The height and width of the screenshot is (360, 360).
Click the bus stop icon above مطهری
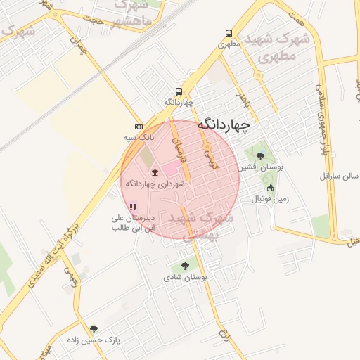pos(229,33)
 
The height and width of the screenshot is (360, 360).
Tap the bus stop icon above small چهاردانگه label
pos(179,91)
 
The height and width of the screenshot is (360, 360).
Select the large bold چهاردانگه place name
pos(224,124)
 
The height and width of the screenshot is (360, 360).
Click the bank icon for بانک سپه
pos(139,126)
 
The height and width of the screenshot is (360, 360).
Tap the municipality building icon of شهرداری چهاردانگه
pos(155,172)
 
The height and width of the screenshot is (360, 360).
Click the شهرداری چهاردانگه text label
pos(155,184)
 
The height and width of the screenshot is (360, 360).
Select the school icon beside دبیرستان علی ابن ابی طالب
pos(132,207)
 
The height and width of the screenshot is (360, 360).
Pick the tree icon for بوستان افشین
pos(261,156)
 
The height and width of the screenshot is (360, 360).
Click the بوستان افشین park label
pos(252,167)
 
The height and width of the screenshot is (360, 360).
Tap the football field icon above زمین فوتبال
pos(270,188)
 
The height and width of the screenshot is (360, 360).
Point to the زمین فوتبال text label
pos(270,199)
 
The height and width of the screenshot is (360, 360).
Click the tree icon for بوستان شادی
pos(185,266)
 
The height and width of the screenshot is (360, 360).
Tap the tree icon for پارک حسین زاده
pos(94,328)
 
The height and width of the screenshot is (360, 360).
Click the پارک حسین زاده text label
pos(94,340)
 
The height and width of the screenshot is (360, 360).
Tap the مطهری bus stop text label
pos(229,44)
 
